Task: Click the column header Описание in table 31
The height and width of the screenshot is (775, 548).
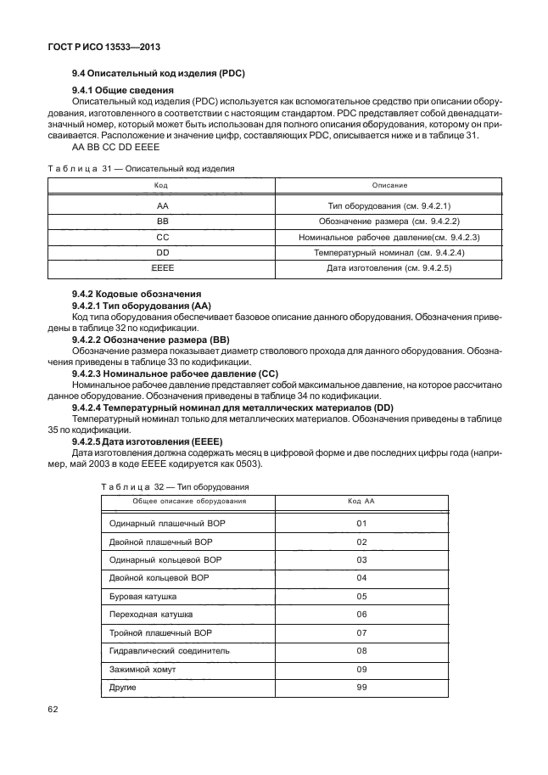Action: pos(389,184)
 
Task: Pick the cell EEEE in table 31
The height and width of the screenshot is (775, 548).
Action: pos(161,269)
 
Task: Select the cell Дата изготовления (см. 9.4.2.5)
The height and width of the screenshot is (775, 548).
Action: pos(389,269)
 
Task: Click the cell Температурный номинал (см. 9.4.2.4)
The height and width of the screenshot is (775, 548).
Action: pos(389,253)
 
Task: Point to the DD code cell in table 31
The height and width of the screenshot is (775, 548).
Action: pos(161,253)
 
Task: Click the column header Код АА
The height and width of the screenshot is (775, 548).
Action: pos(361,501)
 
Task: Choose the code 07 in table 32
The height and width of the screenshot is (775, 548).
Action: pos(361,633)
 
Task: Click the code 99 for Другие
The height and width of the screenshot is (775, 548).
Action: pos(361,687)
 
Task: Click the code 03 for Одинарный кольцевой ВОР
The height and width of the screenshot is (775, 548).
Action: pos(361,560)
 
